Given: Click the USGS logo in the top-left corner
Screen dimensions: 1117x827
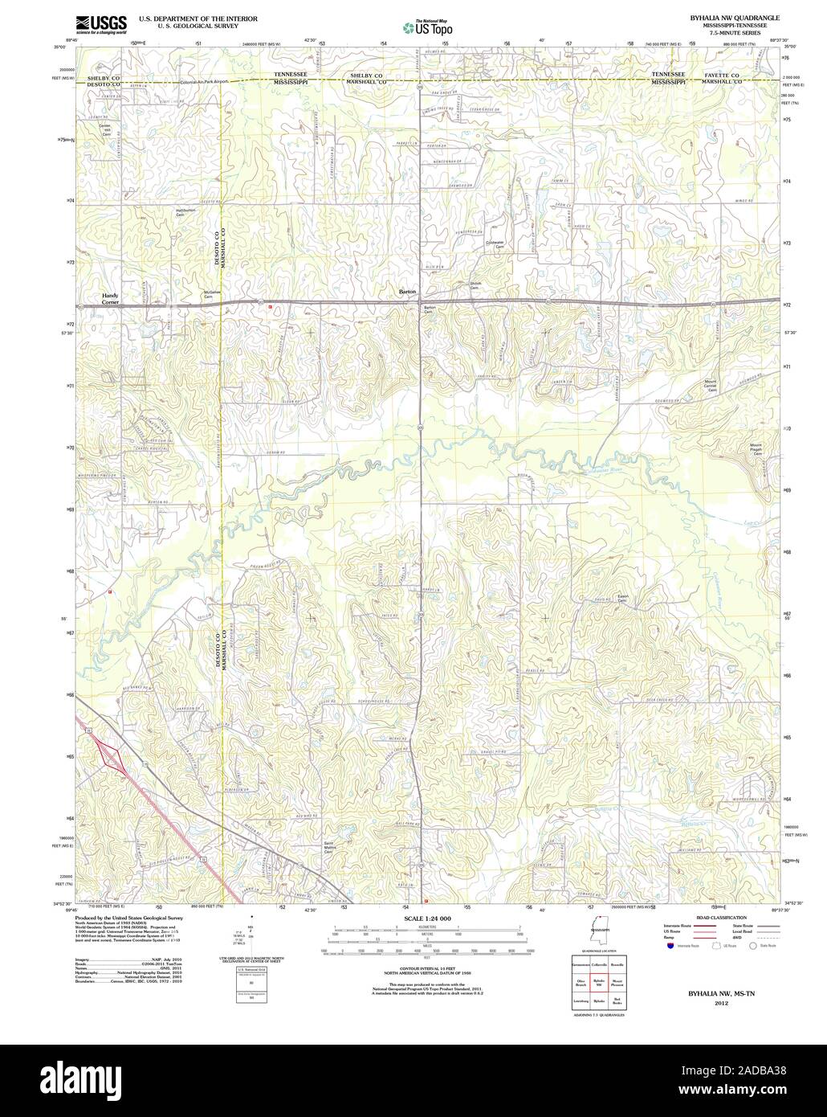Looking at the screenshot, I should (x=100, y=24).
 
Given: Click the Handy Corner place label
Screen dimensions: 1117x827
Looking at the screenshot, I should (x=110, y=298).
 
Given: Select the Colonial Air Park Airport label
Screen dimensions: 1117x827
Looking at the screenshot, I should (x=205, y=82).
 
